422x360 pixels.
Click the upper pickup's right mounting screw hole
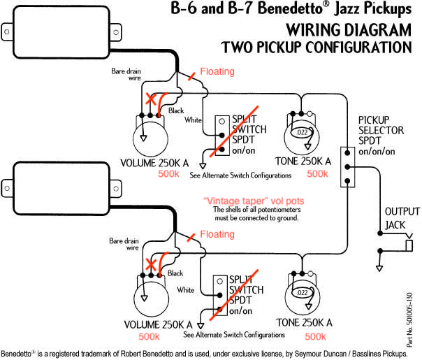point(116,33)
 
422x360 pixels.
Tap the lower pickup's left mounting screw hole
point(7,188)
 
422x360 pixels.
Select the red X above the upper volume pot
point(151,99)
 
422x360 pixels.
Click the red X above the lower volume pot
point(151,264)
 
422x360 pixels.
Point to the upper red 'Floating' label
point(217,71)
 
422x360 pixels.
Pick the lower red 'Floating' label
point(217,234)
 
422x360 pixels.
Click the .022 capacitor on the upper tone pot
point(302,132)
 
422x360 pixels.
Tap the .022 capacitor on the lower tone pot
point(303,293)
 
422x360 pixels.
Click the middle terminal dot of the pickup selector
point(347,167)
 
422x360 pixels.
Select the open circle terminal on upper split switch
point(221,121)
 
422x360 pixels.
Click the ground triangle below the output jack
point(379,268)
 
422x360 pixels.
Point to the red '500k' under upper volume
point(168,173)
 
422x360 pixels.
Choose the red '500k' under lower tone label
point(315,336)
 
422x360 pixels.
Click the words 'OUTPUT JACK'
point(402,218)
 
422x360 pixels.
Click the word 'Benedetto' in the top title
point(290,8)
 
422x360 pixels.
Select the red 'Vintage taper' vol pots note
point(254,201)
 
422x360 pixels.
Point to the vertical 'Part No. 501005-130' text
point(409,319)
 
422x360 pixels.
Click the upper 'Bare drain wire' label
point(126,75)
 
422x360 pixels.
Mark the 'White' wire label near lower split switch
point(186,289)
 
